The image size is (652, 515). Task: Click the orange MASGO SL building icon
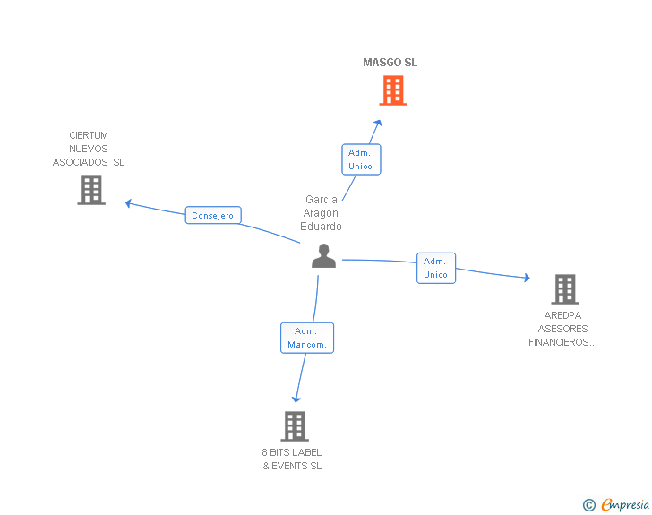click(x=392, y=90)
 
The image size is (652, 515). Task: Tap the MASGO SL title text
click(x=390, y=63)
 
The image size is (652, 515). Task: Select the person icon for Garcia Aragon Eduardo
click(x=323, y=256)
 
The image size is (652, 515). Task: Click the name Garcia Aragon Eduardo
click(x=322, y=213)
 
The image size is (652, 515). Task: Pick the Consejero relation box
click(x=212, y=216)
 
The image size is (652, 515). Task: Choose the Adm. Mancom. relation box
click(x=307, y=338)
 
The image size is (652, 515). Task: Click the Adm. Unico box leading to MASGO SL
click(x=360, y=159)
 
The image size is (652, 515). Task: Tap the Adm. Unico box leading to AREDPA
click(x=435, y=268)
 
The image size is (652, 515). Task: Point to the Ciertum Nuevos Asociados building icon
click(x=91, y=190)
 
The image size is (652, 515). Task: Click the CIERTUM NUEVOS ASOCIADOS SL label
click(x=89, y=149)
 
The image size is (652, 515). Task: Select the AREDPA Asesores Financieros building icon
click(x=564, y=288)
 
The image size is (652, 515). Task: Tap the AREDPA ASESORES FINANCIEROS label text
click(x=564, y=329)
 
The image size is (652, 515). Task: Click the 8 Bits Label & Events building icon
click(x=295, y=425)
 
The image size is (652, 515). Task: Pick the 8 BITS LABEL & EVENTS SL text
click(x=292, y=459)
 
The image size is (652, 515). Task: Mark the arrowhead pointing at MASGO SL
click(x=379, y=124)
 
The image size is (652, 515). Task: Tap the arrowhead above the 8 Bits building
click(x=296, y=399)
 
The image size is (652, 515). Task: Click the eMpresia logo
click(x=625, y=505)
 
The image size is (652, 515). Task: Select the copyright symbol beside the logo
click(x=588, y=505)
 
